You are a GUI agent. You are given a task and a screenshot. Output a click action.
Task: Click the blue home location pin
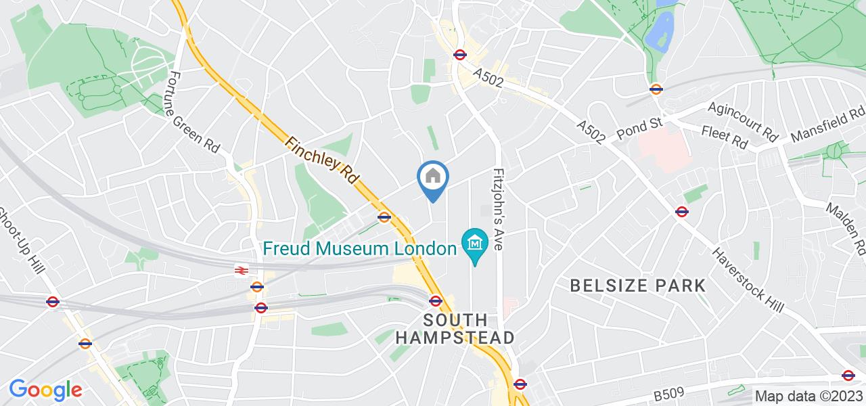click(x=432, y=179)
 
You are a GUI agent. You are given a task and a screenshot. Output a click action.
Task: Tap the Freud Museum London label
click(x=359, y=248)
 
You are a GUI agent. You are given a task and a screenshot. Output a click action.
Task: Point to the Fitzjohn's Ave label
click(x=500, y=210)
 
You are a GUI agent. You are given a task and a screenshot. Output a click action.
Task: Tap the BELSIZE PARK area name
click(x=638, y=285)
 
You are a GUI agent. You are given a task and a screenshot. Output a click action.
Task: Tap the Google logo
click(x=45, y=390)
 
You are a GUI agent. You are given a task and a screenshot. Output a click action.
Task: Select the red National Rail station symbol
click(x=240, y=270)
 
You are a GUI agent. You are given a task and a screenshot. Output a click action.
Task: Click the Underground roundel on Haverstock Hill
click(x=682, y=212)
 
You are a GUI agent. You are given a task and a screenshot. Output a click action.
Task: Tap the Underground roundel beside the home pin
click(x=384, y=217)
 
